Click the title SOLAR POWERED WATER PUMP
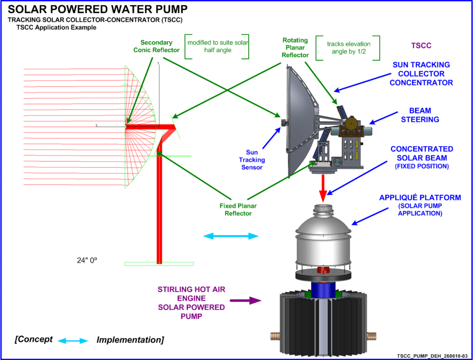pos(97,9)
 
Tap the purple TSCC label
pos(422,46)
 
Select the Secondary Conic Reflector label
pos(157,46)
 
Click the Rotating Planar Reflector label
pos(295,48)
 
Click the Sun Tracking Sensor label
pos(252,160)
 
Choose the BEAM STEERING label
pos(420,115)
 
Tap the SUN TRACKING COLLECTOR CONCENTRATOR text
pos(421,73)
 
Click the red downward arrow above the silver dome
pos(323,185)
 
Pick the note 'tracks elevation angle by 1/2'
pos(349,48)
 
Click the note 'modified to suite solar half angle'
pos(217,46)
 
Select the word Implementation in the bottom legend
pos(130,340)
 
